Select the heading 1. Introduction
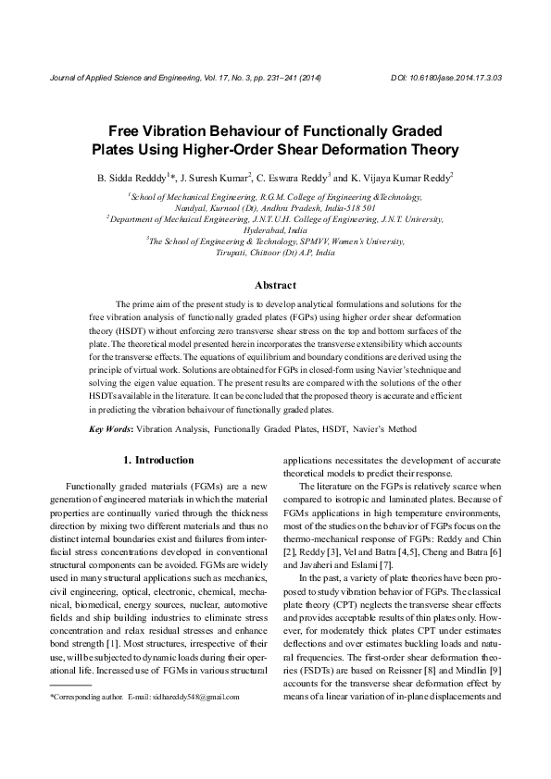(158, 460)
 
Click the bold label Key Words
(110, 429)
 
